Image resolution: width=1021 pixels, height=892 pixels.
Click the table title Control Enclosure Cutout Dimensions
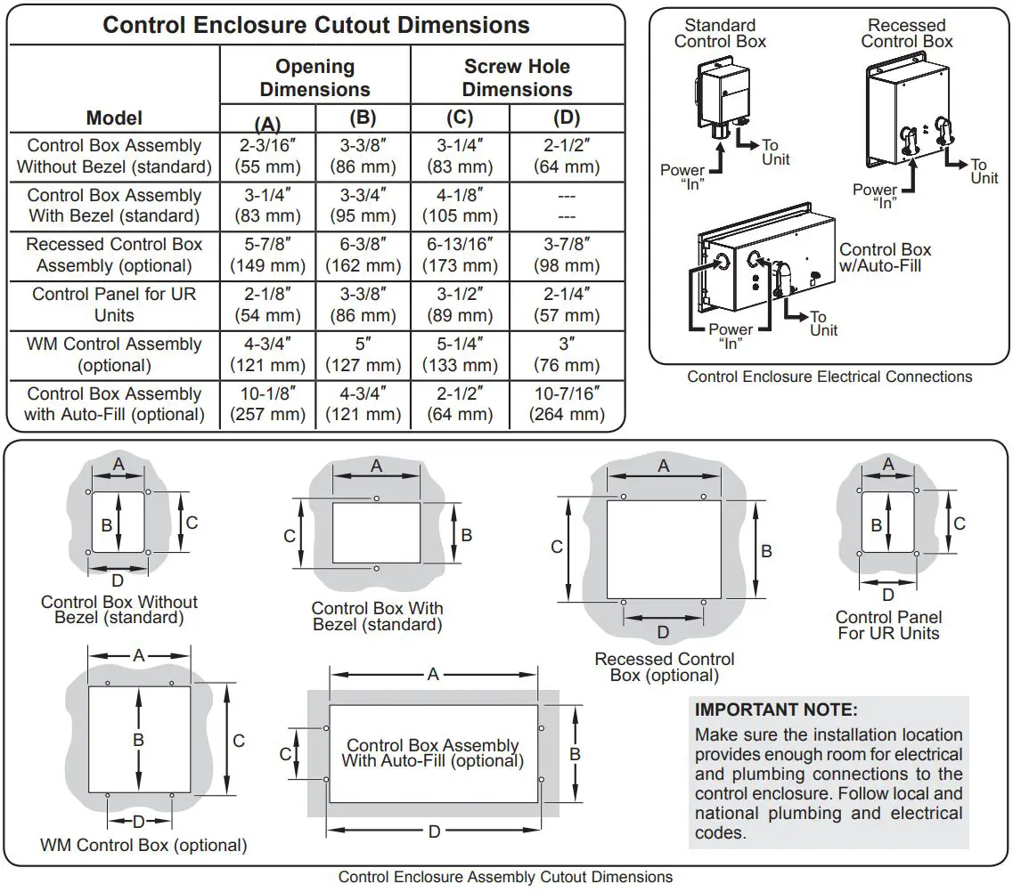point(316,25)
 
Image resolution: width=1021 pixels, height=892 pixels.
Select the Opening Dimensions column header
point(314,78)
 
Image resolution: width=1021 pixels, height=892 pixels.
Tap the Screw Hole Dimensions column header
point(517,78)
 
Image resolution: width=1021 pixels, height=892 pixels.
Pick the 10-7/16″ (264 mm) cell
point(567,404)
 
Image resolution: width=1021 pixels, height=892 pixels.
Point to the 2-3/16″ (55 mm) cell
point(267,156)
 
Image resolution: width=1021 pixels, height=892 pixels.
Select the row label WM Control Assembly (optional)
point(114,354)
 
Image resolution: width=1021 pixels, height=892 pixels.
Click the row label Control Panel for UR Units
point(114,304)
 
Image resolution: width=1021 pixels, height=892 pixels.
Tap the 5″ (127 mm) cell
point(363,354)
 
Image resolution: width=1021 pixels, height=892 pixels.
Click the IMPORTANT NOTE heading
point(776,710)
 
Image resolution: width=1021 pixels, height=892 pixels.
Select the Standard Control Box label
point(720,34)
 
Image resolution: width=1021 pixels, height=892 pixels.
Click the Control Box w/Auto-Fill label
point(885,258)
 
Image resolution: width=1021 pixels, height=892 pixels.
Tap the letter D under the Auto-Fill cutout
point(434,831)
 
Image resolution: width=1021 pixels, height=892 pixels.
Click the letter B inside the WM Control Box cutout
point(138,740)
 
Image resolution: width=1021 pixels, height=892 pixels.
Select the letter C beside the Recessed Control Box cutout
point(557,547)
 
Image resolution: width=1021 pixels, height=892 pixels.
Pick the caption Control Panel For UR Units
point(888,625)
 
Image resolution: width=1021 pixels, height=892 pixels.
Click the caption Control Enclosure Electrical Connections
point(829,377)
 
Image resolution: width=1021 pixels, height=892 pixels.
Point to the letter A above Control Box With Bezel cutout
point(377,466)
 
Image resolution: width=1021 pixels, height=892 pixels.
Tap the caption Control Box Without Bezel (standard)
point(119,610)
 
